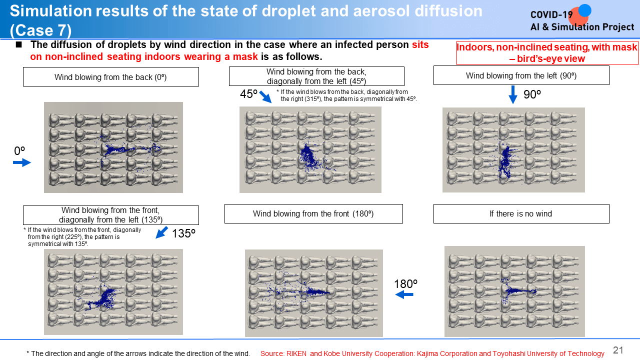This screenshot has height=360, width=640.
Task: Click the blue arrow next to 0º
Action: (x=22, y=163)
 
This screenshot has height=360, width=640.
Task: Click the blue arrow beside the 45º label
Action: (x=265, y=96)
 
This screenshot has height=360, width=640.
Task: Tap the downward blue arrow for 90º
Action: (x=513, y=94)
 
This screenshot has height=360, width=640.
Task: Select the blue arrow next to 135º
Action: (x=161, y=232)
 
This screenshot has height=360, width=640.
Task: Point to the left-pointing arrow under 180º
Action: (x=404, y=294)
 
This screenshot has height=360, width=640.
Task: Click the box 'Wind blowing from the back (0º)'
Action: (x=111, y=77)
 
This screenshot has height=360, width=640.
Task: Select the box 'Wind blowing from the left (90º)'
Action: (x=521, y=75)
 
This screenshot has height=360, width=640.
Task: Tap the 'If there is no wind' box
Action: (x=521, y=213)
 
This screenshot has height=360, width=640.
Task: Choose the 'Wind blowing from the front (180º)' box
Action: (x=313, y=213)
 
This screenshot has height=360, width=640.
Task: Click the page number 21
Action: (x=618, y=350)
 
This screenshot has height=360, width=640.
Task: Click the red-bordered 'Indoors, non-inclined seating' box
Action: (x=547, y=53)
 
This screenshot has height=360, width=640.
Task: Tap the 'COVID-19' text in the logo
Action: (x=551, y=15)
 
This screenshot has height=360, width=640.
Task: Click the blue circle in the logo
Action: (x=584, y=11)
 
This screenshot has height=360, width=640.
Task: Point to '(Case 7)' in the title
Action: (x=40, y=30)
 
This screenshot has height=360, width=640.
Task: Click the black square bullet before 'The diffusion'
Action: (x=19, y=44)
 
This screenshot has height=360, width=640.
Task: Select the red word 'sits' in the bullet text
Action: (x=420, y=44)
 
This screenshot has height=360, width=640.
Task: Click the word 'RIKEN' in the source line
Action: (x=296, y=353)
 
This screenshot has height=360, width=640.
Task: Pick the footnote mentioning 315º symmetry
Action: (x=346, y=95)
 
